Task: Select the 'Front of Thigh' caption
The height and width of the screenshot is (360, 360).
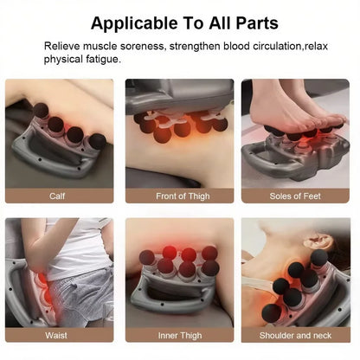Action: (179, 196)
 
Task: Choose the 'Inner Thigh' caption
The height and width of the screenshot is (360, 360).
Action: (179, 335)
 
